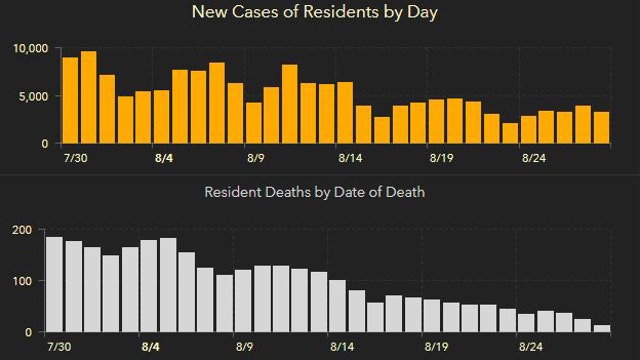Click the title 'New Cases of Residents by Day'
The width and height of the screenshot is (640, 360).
319,13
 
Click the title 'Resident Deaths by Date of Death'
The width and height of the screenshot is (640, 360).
315,191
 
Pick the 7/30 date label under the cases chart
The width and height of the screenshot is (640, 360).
74,158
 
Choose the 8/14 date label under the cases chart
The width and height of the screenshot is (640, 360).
349,158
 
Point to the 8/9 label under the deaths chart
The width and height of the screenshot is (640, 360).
257,346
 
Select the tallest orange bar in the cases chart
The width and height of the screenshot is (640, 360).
88,97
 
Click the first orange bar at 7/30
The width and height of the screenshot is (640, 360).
70,100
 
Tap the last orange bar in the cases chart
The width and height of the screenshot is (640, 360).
601,127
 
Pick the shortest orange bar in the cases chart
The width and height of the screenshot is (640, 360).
510,133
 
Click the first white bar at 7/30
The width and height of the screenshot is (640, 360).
54,284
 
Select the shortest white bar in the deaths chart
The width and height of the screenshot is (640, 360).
601,327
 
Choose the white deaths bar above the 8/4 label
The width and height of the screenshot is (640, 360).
167,284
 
